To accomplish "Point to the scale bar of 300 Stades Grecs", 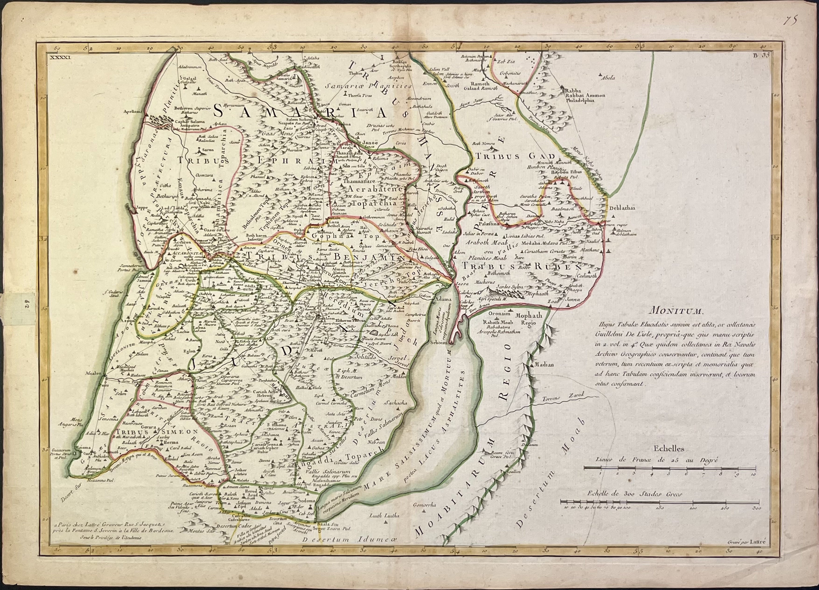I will tap(659, 502).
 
